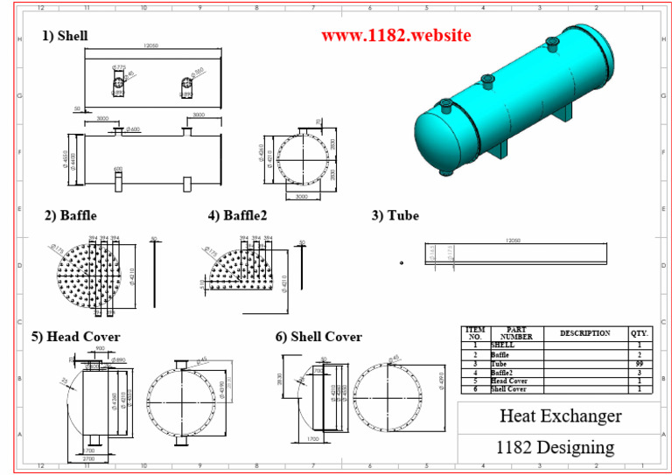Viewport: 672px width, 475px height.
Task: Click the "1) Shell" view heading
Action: point(66,36)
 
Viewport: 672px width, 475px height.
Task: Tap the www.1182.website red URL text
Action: point(395,36)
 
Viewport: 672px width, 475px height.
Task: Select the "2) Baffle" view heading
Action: point(71,215)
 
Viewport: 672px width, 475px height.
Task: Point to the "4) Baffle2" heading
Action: point(238,215)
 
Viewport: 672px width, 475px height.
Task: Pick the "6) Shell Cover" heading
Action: point(318,337)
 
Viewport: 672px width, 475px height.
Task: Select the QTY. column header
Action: point(640,333)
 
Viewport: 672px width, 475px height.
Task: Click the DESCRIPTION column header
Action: point(584,333)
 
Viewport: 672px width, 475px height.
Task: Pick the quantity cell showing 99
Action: point(640,364)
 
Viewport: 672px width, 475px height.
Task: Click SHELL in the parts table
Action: point(503,346)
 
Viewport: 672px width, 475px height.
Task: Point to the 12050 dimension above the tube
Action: point(514,238)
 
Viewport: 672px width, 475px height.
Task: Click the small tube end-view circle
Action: point(402,262)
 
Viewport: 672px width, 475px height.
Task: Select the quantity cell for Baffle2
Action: point(640,373)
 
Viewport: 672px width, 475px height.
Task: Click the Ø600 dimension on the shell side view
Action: point(133,129)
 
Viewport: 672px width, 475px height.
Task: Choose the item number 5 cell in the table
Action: point(475,381)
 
